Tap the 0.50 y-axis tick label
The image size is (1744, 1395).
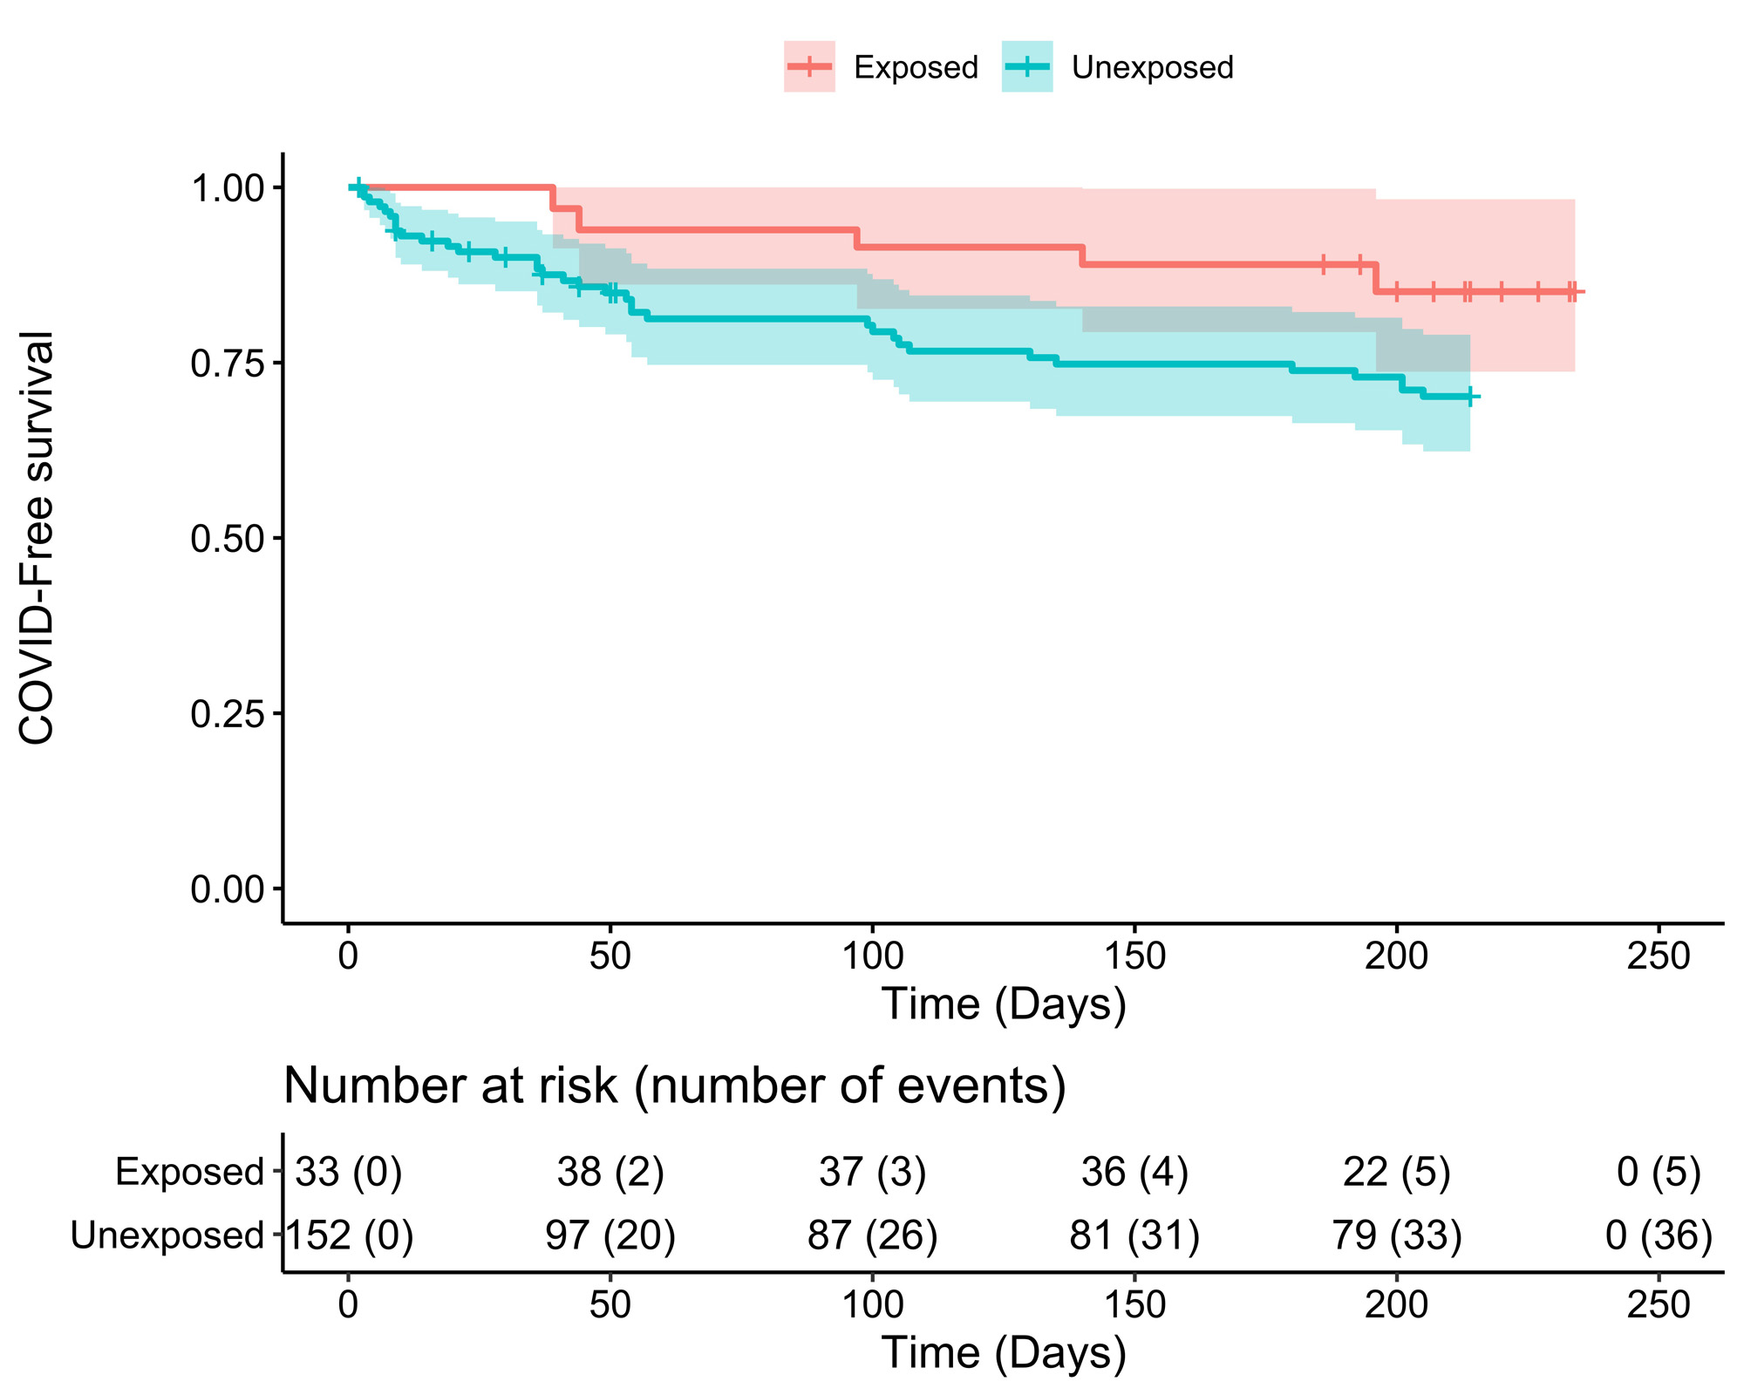pos(228,538)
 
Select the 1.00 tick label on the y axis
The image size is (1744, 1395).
pos(228,187)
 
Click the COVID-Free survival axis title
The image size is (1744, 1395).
pos(37,538)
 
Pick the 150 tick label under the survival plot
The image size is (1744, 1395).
pos(1134,956)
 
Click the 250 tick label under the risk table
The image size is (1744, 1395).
pos(1658,1305)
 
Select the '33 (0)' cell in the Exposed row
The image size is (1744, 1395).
pos(348,1172)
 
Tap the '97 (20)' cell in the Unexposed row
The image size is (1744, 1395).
pos(610,1235)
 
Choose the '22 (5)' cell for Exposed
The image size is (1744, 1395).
pos(1396,1172)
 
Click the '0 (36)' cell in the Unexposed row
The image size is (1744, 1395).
pos(1659,1235)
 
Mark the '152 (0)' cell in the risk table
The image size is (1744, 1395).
pos(350,1235)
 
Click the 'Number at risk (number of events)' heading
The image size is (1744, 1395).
pos(675,1086)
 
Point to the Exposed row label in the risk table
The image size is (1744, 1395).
pos(189,1172)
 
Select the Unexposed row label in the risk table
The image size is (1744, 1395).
pos(167,1235)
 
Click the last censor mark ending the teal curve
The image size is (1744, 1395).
pos(1470,397)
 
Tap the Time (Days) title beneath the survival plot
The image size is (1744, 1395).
pos(1004,1004)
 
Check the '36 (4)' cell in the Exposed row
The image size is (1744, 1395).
pos(1134,1172)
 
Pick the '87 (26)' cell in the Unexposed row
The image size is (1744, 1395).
pos(872,1235)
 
